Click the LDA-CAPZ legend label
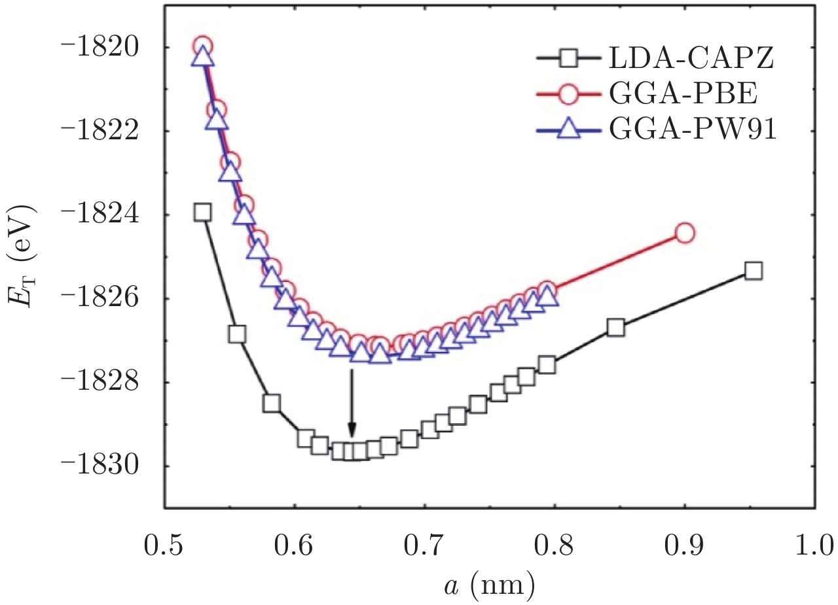pos(692,60)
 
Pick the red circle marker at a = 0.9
pos(684,233)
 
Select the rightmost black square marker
pos(754,271)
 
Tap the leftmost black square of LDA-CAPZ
pos(202,212)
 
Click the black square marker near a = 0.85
pos(615,328)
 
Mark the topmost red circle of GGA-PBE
pos(203,46)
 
